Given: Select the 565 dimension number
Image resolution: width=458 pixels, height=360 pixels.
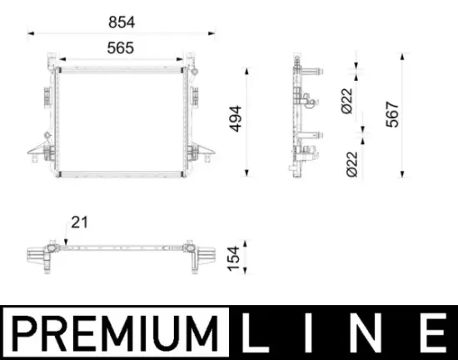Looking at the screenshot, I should tap(121, 47).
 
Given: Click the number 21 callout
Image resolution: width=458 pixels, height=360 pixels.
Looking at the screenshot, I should tap(80, 222).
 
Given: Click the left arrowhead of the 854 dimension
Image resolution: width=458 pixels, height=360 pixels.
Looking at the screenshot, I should tap(31, 33).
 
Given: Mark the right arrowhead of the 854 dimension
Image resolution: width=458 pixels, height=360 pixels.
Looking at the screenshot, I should tap(219, 33).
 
